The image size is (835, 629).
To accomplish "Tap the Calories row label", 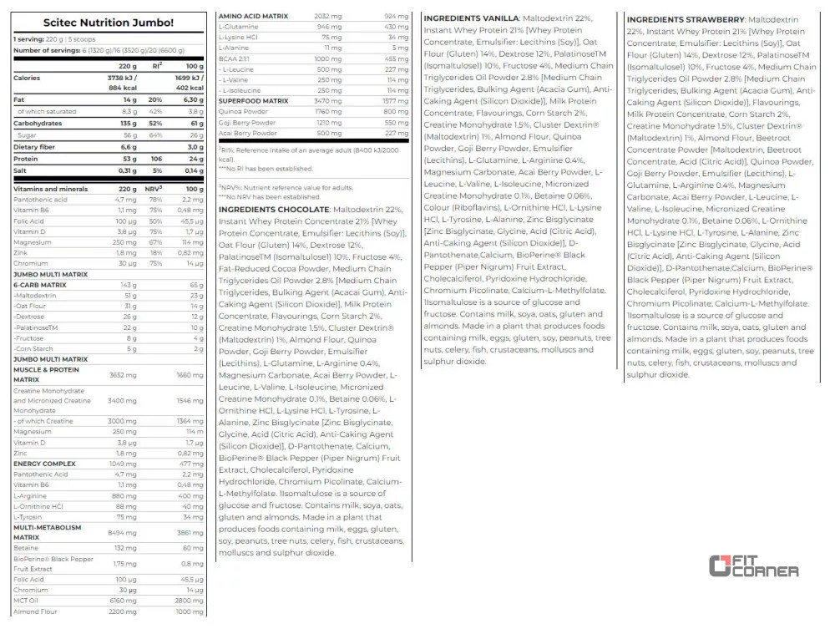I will tap(27, 78).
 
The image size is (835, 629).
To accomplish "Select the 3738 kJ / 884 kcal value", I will tap(123, 82).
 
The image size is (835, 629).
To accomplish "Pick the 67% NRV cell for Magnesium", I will tap(155, 241).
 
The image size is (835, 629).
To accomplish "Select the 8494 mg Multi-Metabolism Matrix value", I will tap(123, 532).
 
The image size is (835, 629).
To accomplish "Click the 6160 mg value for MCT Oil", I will tap(124, 600).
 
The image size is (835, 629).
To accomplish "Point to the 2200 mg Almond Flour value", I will tap(124, 611).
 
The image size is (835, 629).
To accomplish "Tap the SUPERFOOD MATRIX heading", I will tap(253, 100).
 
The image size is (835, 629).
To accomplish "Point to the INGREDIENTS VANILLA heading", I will tap(472, 18).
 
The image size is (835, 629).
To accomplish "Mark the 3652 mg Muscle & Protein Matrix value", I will tap(123, 374).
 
